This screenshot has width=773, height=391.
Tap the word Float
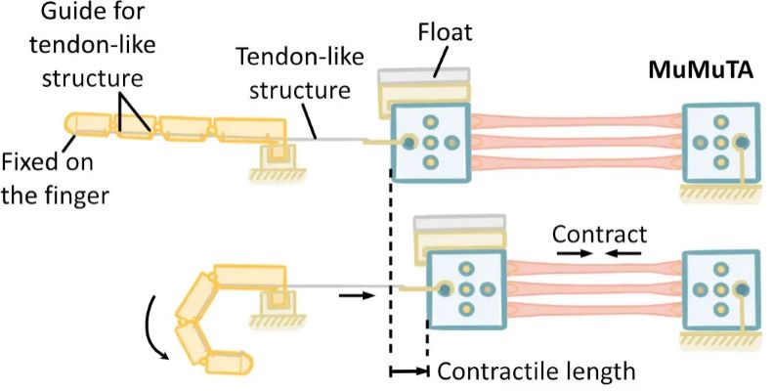click(442, 33)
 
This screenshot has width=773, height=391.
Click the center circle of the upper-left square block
click(428, 143)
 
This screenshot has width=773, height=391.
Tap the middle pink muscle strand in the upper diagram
click(578, 143)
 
